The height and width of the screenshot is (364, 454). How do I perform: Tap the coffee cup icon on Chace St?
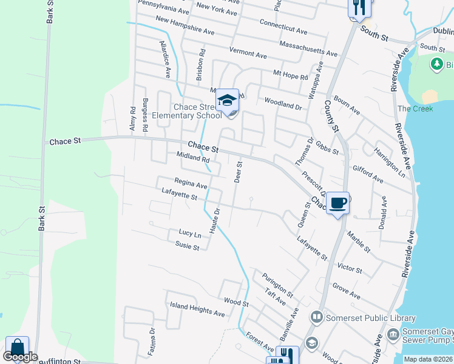337,201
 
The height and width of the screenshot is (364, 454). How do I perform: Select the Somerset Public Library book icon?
316,317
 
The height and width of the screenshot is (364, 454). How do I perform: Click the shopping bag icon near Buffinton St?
18,347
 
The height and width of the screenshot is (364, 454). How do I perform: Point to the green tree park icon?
436,64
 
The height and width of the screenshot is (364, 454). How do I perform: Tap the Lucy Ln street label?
189,234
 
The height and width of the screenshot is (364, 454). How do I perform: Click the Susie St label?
187,246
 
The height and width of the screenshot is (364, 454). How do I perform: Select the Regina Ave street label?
191,182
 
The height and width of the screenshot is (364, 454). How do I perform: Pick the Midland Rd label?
192,158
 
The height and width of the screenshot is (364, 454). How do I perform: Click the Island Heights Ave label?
197,309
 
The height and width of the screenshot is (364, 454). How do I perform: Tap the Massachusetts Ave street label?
308,49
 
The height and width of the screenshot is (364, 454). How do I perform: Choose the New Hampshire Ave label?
185,25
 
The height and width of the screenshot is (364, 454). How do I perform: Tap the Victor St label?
350,268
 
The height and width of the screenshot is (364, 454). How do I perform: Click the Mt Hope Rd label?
290,76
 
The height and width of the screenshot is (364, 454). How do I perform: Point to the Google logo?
20,357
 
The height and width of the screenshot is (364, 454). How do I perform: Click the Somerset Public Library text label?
371,318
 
